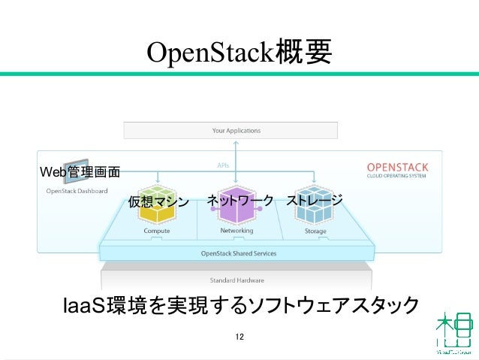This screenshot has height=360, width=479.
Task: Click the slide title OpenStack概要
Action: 239,53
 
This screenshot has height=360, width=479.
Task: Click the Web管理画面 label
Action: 80,172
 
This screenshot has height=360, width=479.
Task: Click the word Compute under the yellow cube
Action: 157,231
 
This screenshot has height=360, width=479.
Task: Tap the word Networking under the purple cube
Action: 236,231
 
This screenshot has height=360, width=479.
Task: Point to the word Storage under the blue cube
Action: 315,231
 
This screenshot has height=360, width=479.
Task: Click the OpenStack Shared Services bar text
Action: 238,253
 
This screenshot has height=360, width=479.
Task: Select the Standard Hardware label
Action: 236,280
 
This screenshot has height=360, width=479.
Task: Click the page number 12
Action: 239,336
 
